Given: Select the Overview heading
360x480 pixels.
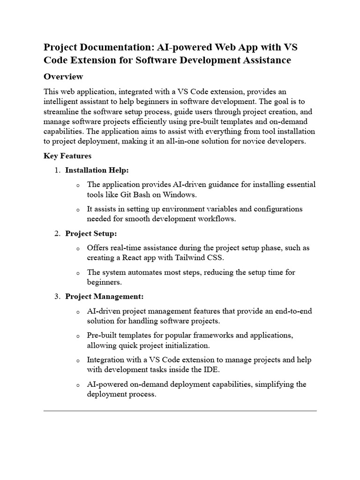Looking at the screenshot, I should pyautogui.click(x=63, y=76).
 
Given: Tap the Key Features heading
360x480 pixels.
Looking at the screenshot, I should pyautogui.click(x=67, y=156).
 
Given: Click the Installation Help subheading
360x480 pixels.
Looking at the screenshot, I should pyautogui.click(x=97, y=170).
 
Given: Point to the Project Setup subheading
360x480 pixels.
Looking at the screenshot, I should pyautogui.click(x=91, y=233).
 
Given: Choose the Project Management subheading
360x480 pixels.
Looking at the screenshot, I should pyautogui.click(x=105, y=297).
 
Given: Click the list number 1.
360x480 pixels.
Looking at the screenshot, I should pyautogui.click(x=57, y=170).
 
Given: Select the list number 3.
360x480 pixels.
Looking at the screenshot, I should pyautogui.click(x=57, y=297).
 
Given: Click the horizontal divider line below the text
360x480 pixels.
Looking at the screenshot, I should pyautogui.click(x=180, y=411).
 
